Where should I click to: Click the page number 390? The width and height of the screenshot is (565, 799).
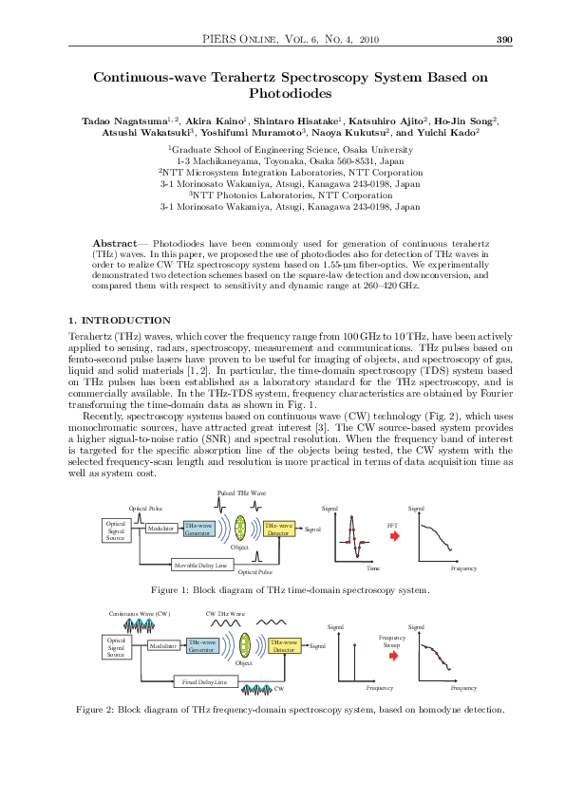504,39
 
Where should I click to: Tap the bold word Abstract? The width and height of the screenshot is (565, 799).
114,245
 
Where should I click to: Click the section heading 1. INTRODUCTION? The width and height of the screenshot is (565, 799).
121,321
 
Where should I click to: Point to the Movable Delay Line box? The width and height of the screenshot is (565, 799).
201,566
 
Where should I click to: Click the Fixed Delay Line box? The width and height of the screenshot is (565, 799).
205,681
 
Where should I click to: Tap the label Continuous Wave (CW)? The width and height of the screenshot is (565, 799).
139,615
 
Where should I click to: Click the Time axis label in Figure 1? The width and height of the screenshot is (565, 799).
373,568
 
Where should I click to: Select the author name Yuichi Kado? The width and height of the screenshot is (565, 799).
450,134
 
